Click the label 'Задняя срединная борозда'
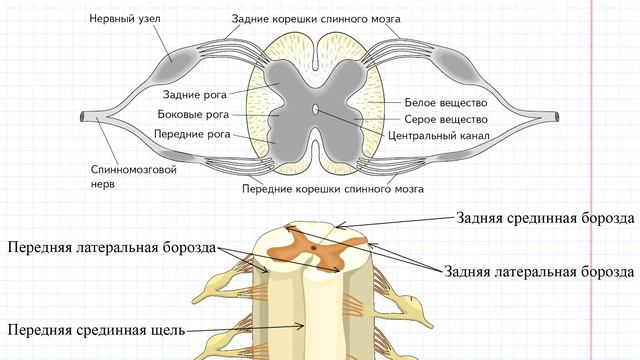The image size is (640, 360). (544, 216)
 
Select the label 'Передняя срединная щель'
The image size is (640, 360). (97, 328)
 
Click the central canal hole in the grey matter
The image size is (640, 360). (317, 110)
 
